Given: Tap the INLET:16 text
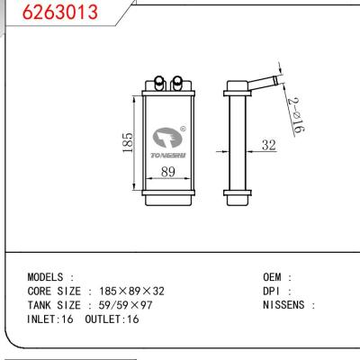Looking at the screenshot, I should (52, 319).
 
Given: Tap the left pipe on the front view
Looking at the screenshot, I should (159, 82).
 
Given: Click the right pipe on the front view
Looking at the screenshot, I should (177, 82).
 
